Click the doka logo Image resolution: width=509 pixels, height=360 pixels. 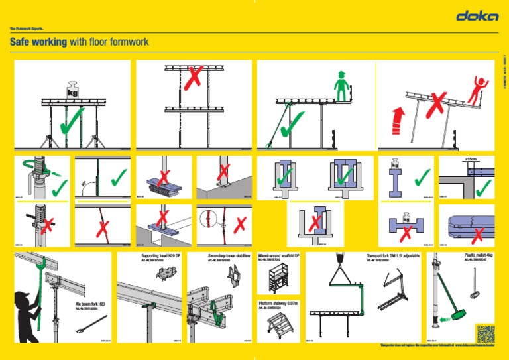coord(477,17)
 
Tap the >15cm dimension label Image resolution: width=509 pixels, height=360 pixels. coord(472,160)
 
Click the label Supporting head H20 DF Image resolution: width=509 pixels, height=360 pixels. coord(161,255)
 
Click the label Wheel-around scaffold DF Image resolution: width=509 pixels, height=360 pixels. coord(278,255)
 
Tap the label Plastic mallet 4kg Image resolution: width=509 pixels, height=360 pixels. coord(479,255)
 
